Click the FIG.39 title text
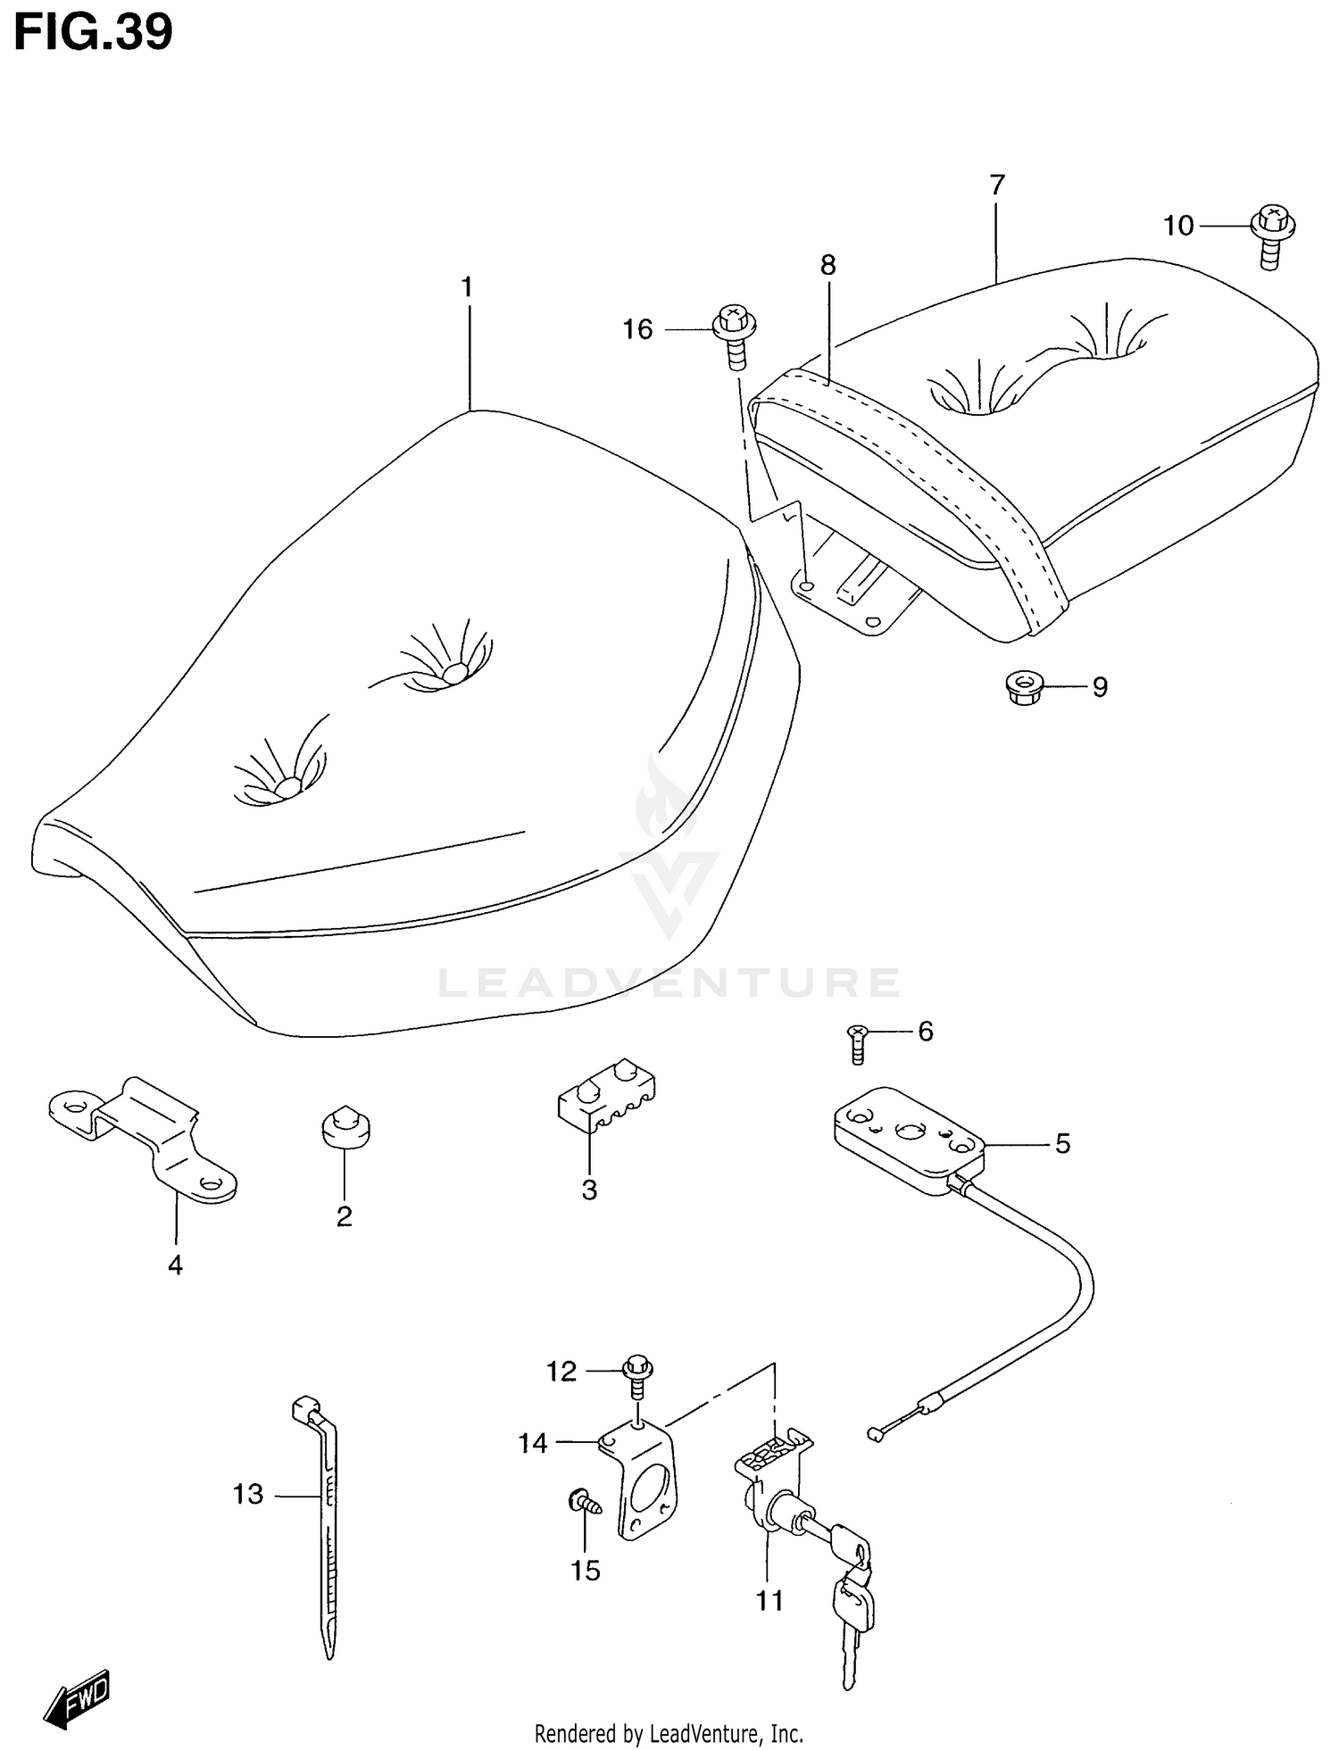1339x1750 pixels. click(x=93, y=34)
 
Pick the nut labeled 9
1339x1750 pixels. click(x=1022, y=688)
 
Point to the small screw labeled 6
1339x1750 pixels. click(x=857, y=1043)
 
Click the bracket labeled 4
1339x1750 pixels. click(x=143, y=1138)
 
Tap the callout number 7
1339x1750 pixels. click(x=997, y=185)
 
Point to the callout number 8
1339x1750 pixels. click(x=828, y=265)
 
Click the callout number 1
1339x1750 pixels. click(x=466, y=287)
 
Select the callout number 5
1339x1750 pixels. click(x=1062, y=1143)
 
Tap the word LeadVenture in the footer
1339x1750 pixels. click(x=706, y=1734)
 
